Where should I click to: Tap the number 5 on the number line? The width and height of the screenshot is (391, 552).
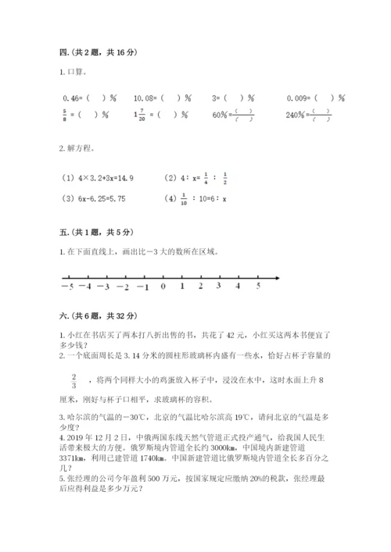click(259, 287)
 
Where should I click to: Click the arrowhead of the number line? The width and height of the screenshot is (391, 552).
click(278, 277)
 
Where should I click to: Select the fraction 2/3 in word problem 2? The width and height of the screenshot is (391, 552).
click(74, 379)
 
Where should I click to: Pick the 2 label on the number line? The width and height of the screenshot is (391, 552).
click(201, 287)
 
